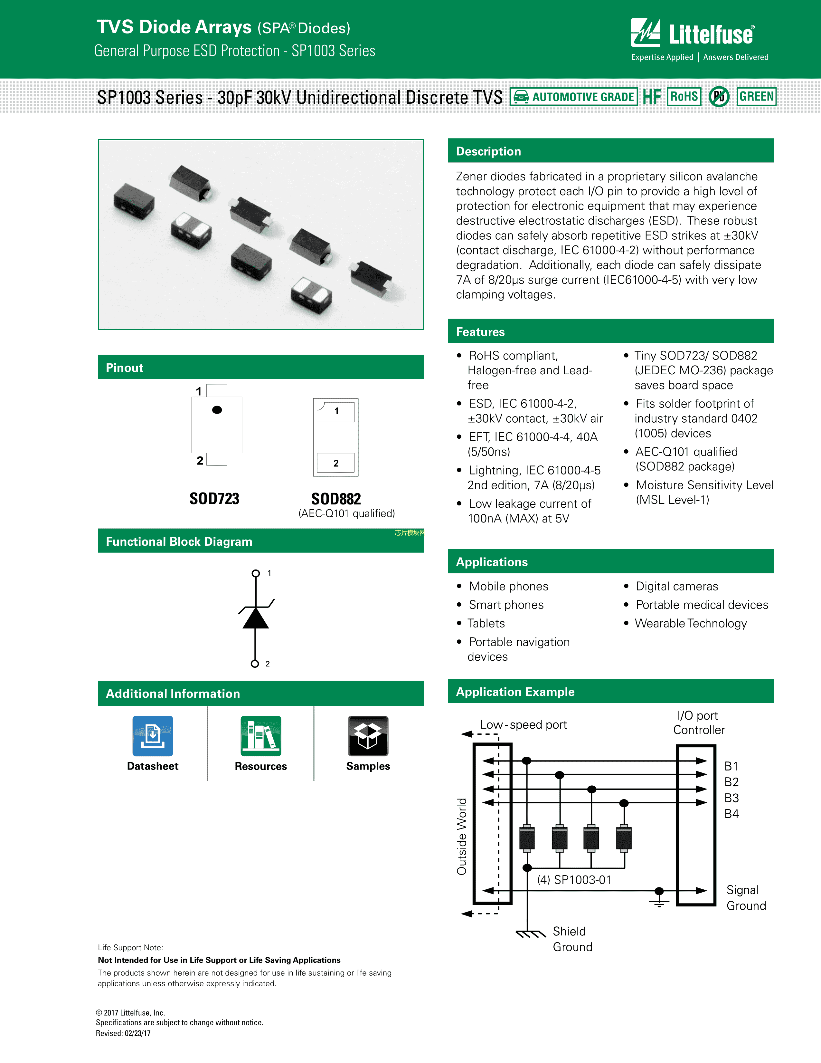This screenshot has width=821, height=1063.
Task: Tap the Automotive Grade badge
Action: coord(574,97)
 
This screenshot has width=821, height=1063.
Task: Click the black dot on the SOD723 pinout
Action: coord(217,410)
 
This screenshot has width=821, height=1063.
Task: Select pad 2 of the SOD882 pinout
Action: coord(335,463)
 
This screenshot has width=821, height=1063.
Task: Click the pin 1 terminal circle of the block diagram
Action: coord(255,573)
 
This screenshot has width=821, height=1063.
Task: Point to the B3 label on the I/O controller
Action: coord(731,798)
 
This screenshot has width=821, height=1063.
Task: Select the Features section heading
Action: coord(481,332)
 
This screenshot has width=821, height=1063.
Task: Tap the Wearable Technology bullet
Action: coord(691,624)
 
